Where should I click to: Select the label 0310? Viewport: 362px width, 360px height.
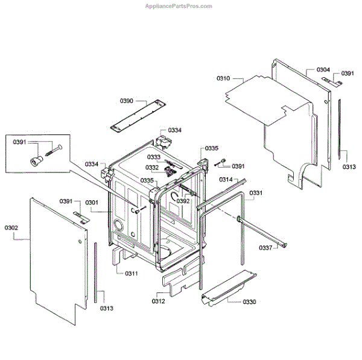(x=223, y=78)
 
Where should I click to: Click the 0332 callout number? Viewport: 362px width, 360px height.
(x=152, y=168)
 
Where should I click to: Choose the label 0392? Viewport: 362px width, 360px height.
(x=183, y=201)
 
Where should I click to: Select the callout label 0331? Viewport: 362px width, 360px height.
(x=256, y=193)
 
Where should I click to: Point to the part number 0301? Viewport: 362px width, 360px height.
(x=91, y=202)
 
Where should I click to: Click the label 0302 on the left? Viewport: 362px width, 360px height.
(x=11, y=227)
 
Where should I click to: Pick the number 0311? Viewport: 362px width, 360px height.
(x=132, y=274)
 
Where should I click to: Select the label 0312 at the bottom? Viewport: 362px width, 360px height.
(x=158, y=300)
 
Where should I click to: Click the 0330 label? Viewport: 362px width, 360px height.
(x=249, y=302)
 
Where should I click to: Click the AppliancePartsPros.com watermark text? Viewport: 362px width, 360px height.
(x=179, y=6)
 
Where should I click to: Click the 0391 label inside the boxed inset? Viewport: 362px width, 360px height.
(x=20, y=142)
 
